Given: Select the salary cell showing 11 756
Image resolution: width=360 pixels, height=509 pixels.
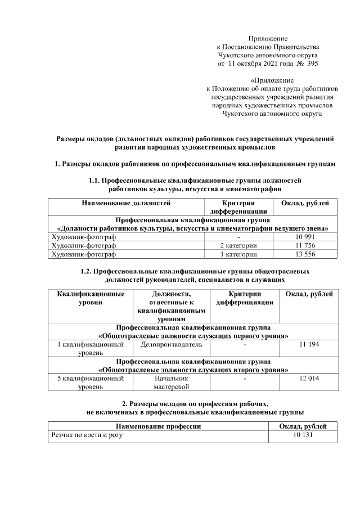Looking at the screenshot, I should point(304,246).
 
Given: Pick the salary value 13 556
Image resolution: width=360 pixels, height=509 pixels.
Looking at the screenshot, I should point(304,254).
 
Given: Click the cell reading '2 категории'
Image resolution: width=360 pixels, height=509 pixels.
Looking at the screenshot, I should point(238,246).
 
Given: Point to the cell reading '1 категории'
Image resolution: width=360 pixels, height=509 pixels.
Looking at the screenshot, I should point(238,254).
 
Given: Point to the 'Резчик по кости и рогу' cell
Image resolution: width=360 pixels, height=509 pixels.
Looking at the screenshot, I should point(87,435).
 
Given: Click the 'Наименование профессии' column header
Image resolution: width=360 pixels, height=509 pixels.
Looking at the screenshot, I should point(158,426).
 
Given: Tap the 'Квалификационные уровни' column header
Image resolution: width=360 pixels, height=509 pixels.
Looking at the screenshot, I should point(91,298).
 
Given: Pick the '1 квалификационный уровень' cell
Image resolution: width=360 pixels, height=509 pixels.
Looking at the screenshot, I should point(91,348).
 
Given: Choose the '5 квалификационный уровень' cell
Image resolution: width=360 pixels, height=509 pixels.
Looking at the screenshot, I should point(91,382).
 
